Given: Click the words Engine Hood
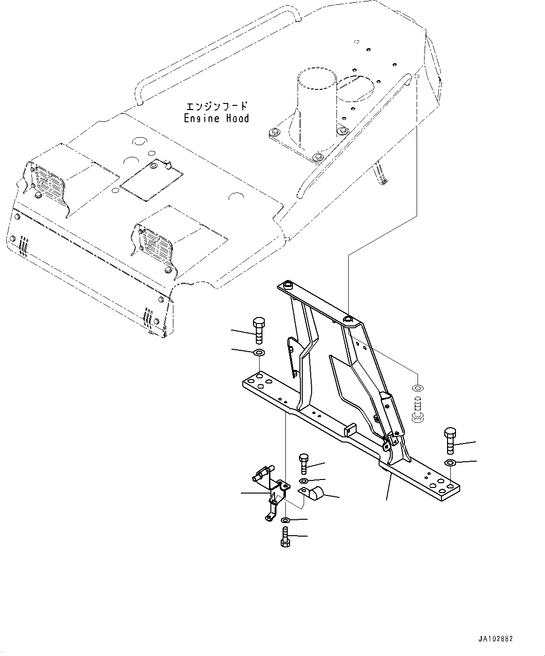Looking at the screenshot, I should (x=216, y=119).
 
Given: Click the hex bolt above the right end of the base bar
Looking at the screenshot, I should (x=449, y=440).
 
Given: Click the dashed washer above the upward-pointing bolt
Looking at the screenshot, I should (x=417, y=388).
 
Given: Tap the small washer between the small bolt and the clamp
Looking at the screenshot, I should (x=304, y=481).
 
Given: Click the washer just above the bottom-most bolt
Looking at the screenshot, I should (x=285, y=520).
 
